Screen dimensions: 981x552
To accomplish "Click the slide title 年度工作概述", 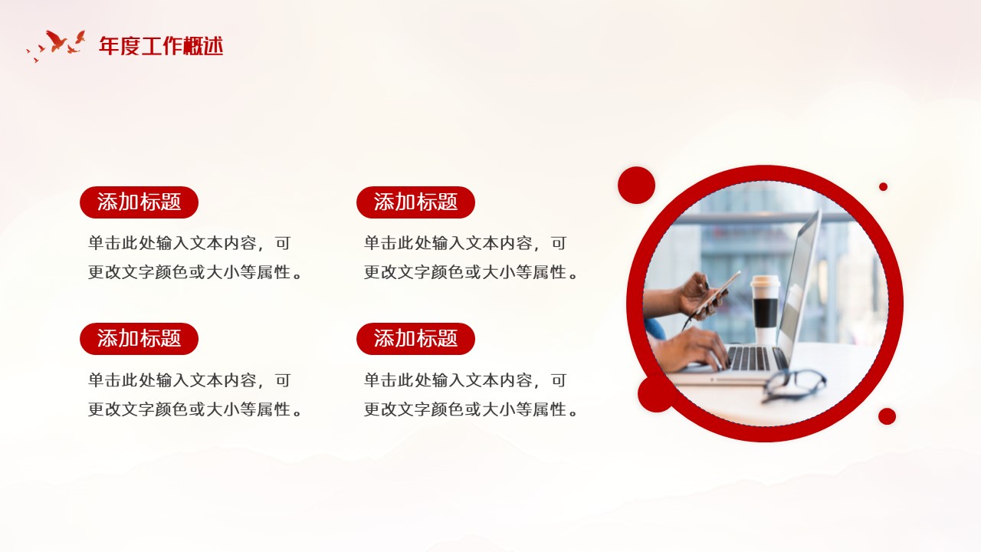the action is click(161, 46).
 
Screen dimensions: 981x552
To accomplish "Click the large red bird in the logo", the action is click(56, 41).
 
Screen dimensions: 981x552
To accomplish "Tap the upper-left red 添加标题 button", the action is click(139, 202).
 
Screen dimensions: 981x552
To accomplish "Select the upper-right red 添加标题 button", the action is click(415, 202).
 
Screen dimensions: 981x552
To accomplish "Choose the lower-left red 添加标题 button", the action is click(139, 339).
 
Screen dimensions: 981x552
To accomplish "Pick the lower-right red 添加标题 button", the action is click(415, 339).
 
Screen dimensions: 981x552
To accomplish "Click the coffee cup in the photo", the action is click(765, 309).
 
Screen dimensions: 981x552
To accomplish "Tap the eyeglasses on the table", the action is click(793, 386).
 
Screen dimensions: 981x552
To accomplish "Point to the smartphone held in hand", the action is click(718, 293).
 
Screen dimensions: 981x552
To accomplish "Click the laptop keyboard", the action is click(749, 358).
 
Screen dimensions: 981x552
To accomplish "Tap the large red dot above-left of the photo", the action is click(636, 185).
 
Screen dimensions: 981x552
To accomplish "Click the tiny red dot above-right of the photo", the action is click(884, 186).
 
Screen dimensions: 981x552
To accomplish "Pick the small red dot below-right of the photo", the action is click(887, 416).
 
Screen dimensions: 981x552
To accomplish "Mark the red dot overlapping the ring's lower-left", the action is click(654, 394).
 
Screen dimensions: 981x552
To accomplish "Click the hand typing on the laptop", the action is click(692, 349).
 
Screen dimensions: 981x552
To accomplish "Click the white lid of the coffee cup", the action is click(766, 281).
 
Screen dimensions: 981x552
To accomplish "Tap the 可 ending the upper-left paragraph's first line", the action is click(283, 243).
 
